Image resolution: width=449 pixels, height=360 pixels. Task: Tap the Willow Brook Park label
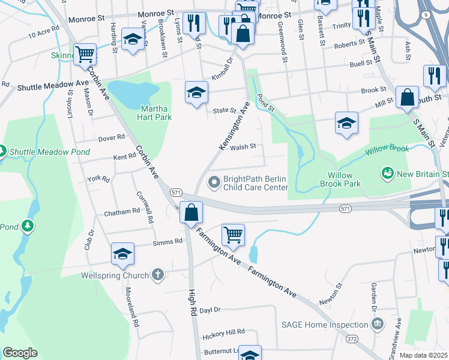pyautogui.click(x=344, y=179)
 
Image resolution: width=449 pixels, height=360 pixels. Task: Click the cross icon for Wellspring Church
pyautogui.click(x=158, y=275)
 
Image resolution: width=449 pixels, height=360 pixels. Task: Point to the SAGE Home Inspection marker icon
pyautogui.click(x=378, y=325)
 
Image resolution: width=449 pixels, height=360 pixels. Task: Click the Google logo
pyautogui.click(x=20, y=353)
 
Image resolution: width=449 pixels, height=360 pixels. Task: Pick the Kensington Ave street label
pyautogui.click(x=234, y=126)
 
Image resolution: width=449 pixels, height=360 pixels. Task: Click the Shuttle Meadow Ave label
pyautogui.click(x=53, y=87)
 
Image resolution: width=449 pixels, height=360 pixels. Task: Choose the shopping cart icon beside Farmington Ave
pyautogui.click(x=232, y=234)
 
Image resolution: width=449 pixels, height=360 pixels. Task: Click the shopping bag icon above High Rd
pyautogui.click(x=191, y=212)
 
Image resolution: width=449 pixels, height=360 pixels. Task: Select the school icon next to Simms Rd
pyautogui.click(x=122, y=254)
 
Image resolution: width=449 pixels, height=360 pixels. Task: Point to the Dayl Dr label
pyautogui.click(x=210, y=310)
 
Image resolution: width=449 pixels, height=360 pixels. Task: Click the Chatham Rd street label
pyautogui.click(x=121, y=212)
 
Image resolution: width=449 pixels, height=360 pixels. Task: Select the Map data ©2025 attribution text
pyautogui.click(x=424, y=355)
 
